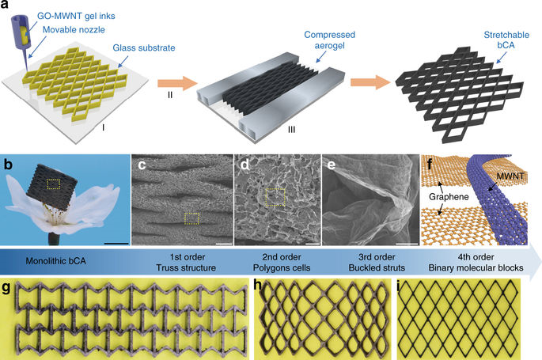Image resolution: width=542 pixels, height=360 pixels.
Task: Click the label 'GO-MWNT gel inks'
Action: click(76, 17)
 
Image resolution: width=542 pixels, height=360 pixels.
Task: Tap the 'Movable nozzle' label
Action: click(74, 30)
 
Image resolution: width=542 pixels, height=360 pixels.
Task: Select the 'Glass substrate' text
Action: click(144, 47)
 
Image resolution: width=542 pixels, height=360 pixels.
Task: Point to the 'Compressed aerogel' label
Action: click(329, 40)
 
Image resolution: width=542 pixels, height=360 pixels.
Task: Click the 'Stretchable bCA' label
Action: click(506, 40)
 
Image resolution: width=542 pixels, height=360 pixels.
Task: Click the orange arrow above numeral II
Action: click(177, 83)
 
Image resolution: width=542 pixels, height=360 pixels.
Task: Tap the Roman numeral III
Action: click(291, 130)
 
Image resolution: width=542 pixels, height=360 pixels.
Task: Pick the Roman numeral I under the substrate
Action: click(103, 127)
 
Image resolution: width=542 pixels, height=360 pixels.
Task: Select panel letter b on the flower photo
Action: click(8, 165)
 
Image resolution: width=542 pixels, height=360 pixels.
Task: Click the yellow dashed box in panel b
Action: click(54, 184)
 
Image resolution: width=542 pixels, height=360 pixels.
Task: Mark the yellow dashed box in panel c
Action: click(191, 218)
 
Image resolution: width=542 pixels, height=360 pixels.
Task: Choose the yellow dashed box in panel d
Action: click(275, 197)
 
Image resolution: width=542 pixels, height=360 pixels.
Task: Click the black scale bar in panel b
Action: click(116, 243)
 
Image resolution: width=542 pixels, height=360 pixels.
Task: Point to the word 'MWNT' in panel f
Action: click(510, 176)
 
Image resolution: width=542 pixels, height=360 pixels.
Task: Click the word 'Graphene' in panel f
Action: click(449, 196)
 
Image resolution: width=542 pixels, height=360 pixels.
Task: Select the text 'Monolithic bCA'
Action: click(55, 261)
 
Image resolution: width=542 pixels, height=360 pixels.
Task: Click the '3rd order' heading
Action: click(377, 257)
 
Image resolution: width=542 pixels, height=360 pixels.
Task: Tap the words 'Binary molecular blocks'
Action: click(476, 267)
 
